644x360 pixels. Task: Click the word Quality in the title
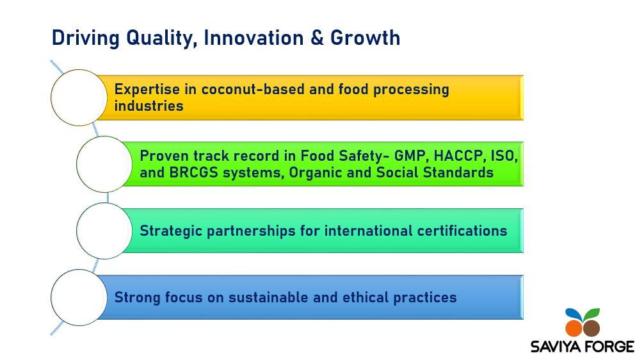pos(160,38)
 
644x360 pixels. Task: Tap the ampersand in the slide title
pos(317,38)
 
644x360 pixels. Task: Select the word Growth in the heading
pos(365,38)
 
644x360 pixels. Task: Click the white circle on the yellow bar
pos(79,98)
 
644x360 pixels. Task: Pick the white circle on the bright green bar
pos(104,165)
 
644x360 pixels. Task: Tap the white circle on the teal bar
pos(104,231)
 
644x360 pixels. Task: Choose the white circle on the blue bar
pos(79,297)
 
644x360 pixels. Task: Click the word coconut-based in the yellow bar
pos(253,89)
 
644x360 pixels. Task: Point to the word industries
pos(149,106)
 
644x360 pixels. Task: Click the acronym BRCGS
pos(193,172)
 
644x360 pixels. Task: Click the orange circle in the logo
pos(574,329)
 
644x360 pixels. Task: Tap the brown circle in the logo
pos(592,329)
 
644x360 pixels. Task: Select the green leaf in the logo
pos(592,314)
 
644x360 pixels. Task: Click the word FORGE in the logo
pos(609,347)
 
